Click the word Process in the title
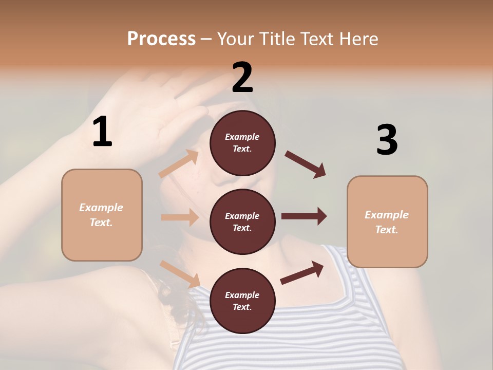[x=161, y=39]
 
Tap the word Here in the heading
[x=358, y=39]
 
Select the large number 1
[x=102, y=132]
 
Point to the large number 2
[x=242, y=78]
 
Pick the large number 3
[x=387, y=140]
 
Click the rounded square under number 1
[x=102, y=215]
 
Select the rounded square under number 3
[x=387, y=221]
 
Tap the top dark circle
[x=242, y=143]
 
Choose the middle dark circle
[x=242, y=221]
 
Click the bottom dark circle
[x=242, y=301]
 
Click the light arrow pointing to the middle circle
[x=180, y=217]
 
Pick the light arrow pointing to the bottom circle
[x=180, y=274]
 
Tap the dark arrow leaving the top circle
[x=306, y=164]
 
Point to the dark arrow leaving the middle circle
[x=304, y=216]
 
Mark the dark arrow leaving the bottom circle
[x=302, y=272]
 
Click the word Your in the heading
[x=235, y=39]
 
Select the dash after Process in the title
[x=206, y=39]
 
